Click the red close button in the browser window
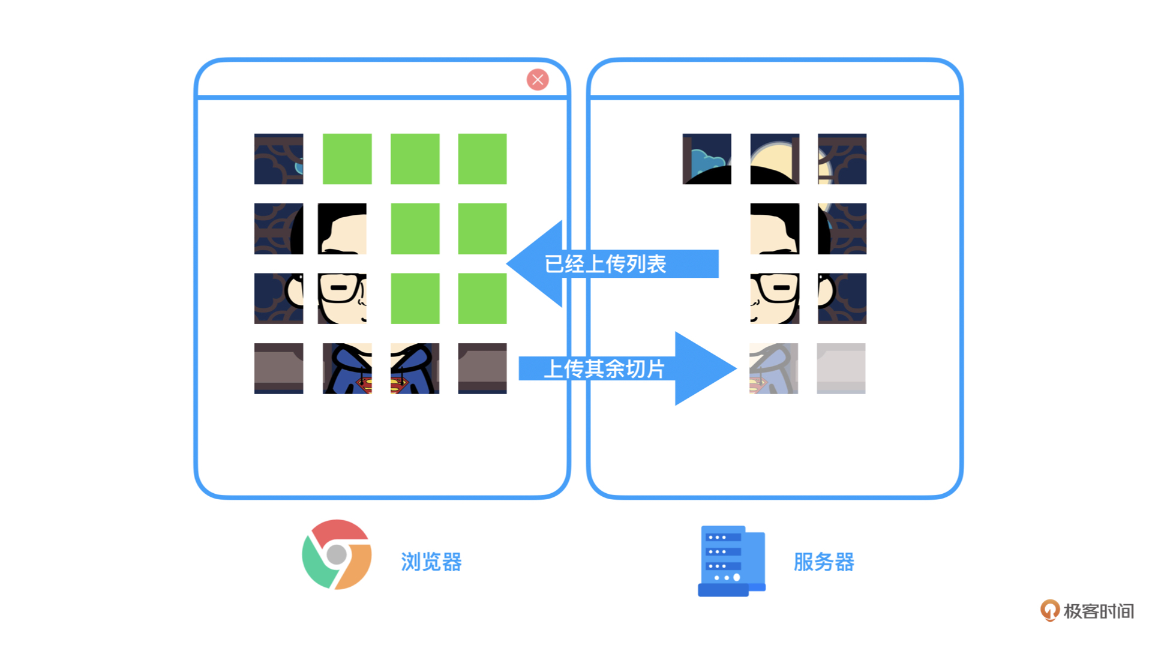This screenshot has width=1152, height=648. (x=538, y=79)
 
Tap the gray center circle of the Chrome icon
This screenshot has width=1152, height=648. (x=337, y=554)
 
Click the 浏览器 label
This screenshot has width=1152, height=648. (x=431, y=562)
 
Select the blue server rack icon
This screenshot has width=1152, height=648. (x=731, y=561)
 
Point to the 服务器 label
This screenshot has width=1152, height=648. (x=824, y=562)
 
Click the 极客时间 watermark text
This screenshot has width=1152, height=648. (x=1099, y=611)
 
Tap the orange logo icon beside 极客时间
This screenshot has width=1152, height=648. (x=1049, y=610)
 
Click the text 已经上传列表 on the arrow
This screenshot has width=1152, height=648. (x=605, y=264)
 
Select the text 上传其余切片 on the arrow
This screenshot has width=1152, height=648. (x=604, y=368)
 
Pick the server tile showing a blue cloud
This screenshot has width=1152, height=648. (x=707, y=159)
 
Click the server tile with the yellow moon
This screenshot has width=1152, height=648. (x=775, y=159)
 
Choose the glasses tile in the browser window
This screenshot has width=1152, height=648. (x=342, y=299)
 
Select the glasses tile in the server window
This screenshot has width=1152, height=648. (x=775, y=299)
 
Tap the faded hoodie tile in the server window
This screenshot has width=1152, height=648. (x=773, y=368)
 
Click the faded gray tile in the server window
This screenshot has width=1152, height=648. (x=841, y=368)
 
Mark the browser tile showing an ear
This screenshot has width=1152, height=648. (x=278, y=299)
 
